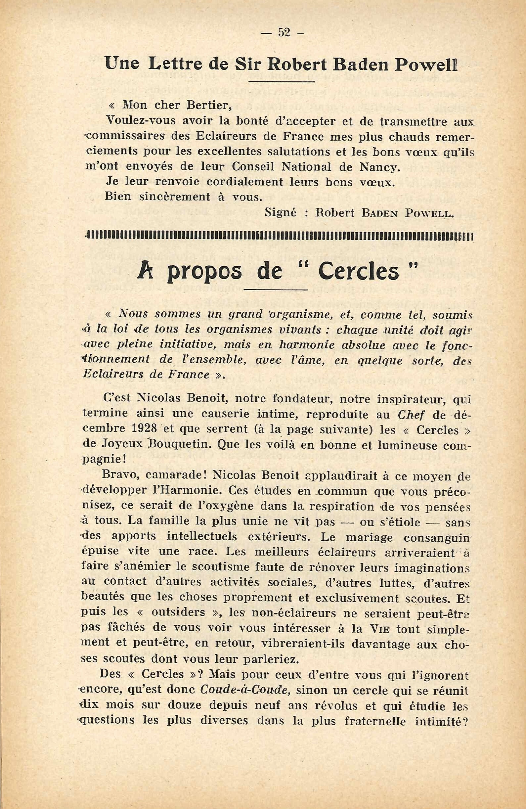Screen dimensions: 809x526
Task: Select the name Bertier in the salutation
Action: pos(209,106)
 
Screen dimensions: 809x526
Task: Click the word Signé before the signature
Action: pos(281,213)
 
